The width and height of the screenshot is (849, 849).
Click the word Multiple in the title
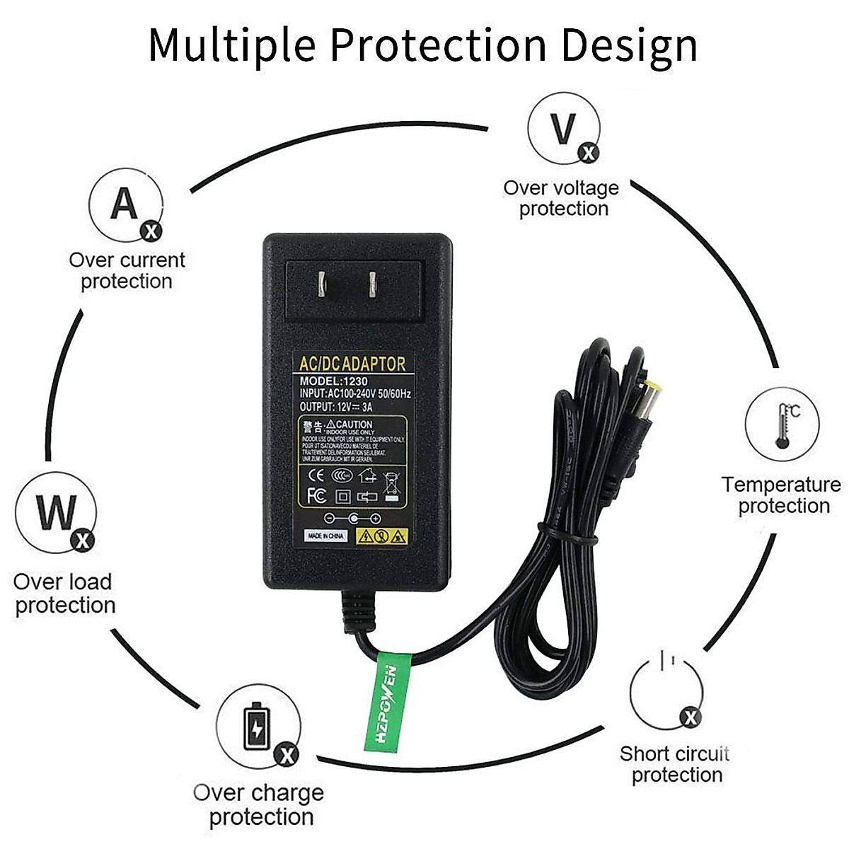(x=231, y=45)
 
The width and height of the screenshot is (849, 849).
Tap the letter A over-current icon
(x=125, y=204)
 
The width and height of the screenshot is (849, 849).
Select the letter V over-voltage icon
(x=563, y=129)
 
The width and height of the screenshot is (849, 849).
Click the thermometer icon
(x=782, y=427)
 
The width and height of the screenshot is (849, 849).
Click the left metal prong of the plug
(x=322, y=284)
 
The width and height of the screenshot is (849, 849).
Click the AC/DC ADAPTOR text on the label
(x=352, y=364)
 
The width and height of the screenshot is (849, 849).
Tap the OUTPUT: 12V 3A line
(x=336, y=407)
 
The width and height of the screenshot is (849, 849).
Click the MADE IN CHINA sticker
(x=326, y=536)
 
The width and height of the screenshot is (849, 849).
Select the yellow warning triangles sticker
(x=382, y=536)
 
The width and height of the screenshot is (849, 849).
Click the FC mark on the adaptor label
(x=316, y=494)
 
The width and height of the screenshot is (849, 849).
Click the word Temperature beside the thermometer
(x=781, y=485)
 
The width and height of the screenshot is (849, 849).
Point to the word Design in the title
(x=629, y=45)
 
